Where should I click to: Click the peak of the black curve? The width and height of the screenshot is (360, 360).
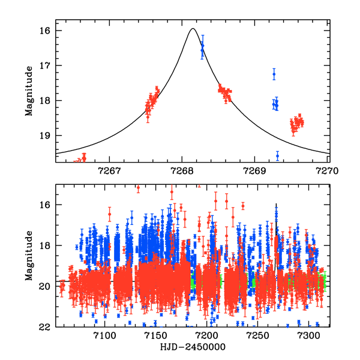[193, 29]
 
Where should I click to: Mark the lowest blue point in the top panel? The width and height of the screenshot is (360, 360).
[277, 155]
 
